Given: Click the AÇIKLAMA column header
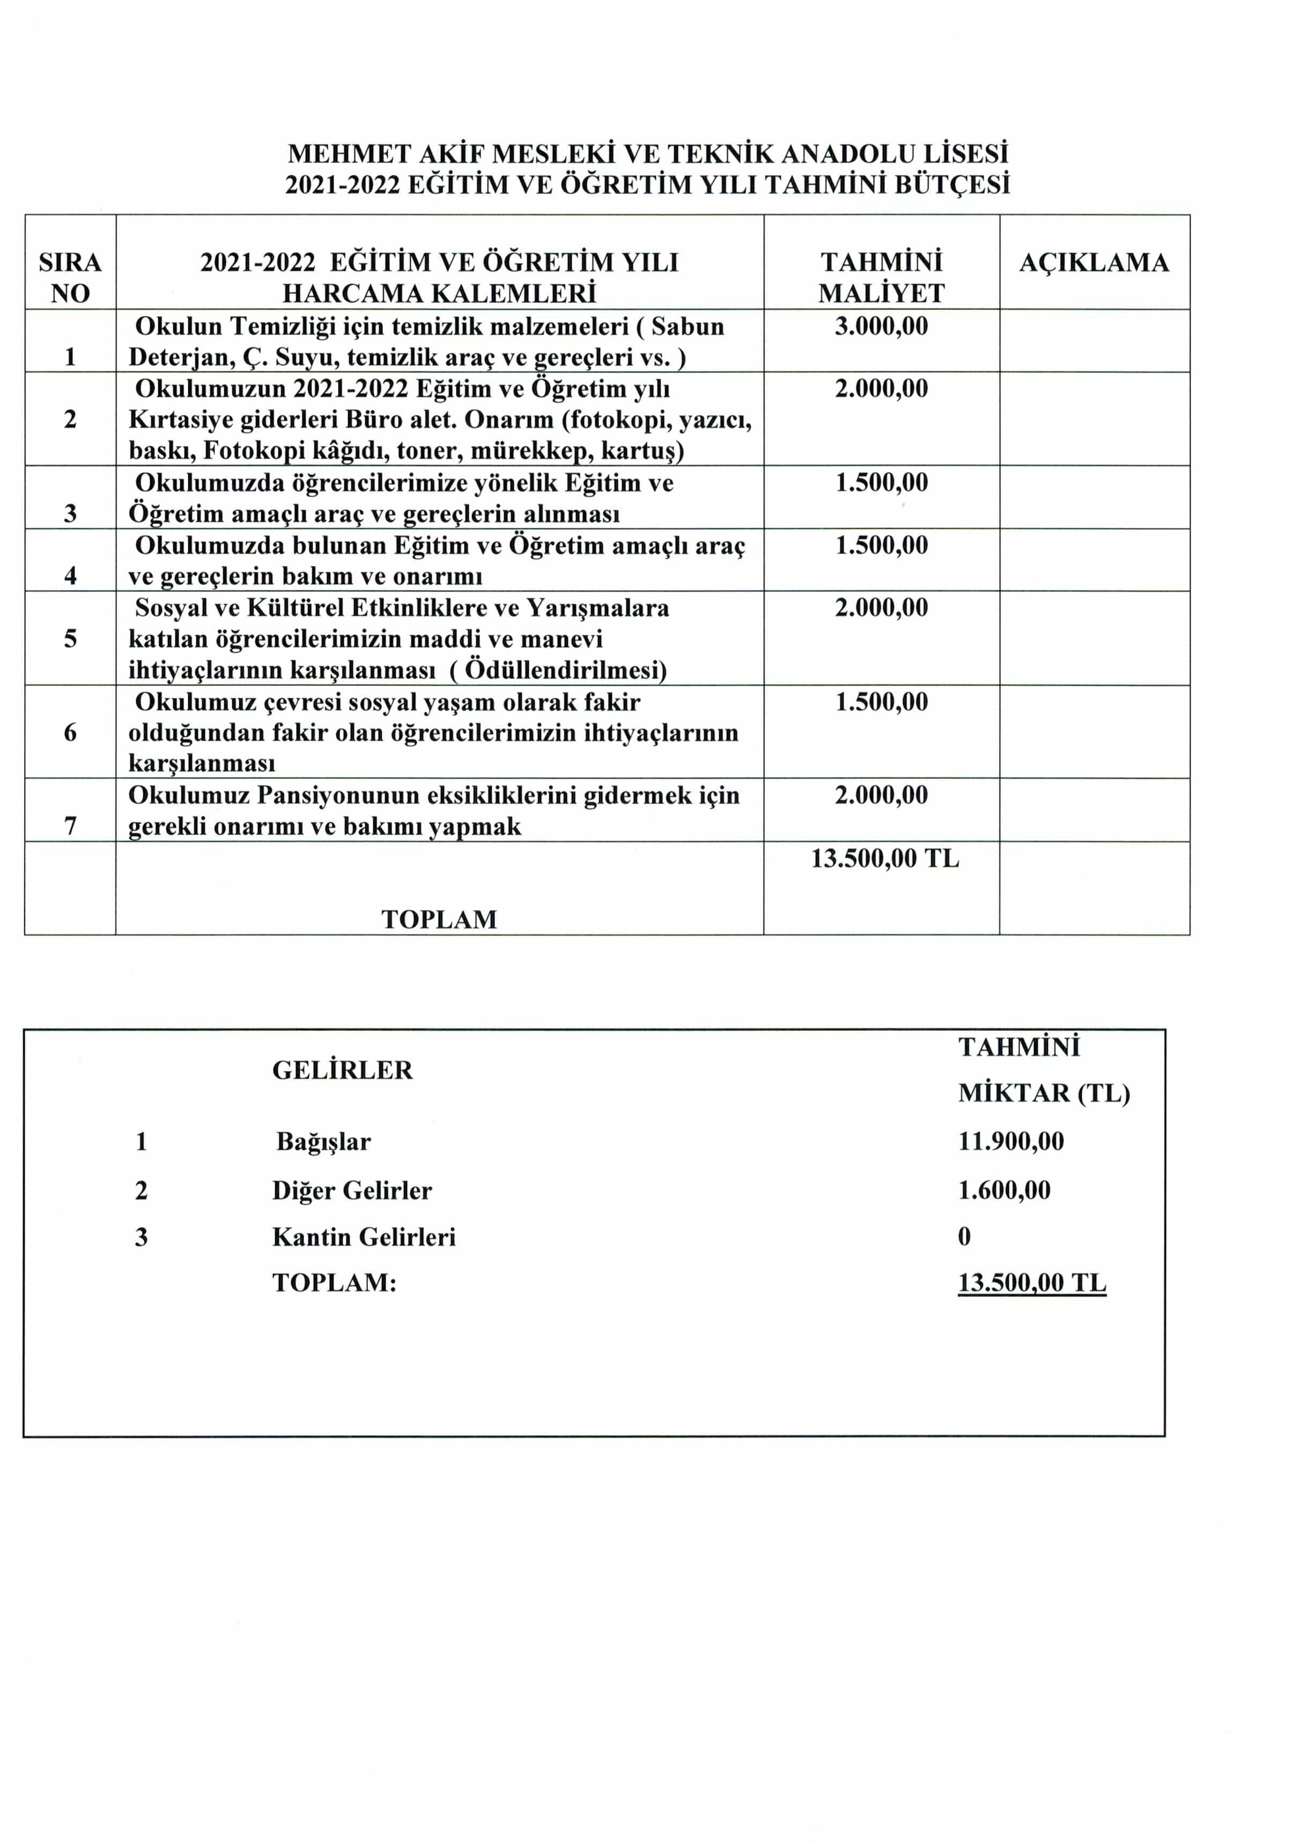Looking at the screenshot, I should (x=1093, y=262).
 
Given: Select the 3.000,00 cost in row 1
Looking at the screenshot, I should (x=881, y=326).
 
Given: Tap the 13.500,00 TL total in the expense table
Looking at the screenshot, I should (x=884, y=858).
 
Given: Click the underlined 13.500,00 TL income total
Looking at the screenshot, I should (x=1031, y=1282).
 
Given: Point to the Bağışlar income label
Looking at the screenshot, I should (x=323, y=1141).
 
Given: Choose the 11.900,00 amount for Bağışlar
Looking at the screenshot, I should (x=1010, y=1141).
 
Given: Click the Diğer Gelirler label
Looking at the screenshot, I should (x=351, y=1190).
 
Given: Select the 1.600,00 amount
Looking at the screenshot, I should (x=1004, y=1190).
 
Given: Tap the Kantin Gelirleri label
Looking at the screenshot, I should (x=364, y=1236).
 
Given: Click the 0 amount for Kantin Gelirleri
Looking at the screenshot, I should (x=964, y=1236).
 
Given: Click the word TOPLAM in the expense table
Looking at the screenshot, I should (x=439, y=919).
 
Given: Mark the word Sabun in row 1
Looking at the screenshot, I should (x=687, y=326).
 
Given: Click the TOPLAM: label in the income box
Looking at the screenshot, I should (x=334, y=1282).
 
